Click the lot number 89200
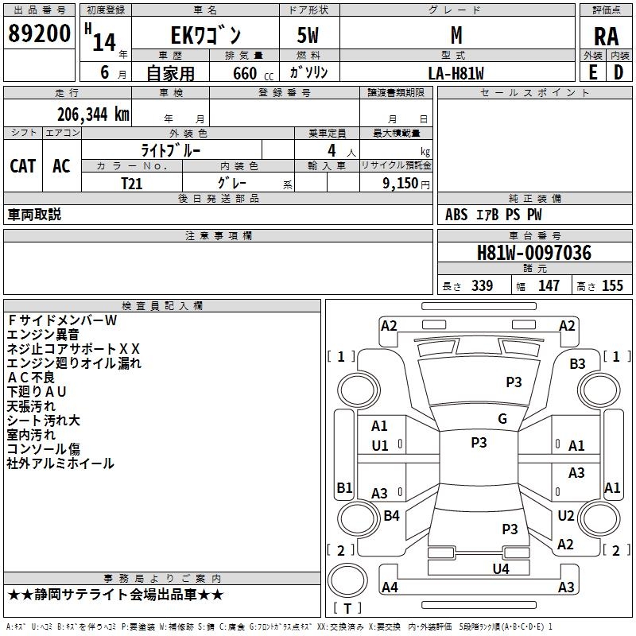pyautogui.click(x=39, y=33)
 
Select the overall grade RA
pyautogui.click(x=606, y=37)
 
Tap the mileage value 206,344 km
pyautogui.click(x=93, y=114)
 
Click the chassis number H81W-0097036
pyautogui.click(x=534, y=253)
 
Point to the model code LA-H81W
pyautogui.click(x=456, y=73)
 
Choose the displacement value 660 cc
pyautogui.click(x=253, y=74)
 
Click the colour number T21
pyautogui.click(x=131, y=184)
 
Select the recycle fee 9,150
pyautogui.click(x=401, y=184)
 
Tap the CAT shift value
pyautogui.click(x=23, y=166)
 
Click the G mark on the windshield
pyautogui.click(x=502, y=418)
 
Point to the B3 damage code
pyautogui.click(x=577, y=364)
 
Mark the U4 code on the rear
pyautogui.click(x=501, y=568)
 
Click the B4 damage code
pyautogui.click(x=391, y=515)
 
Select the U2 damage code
pyautogui.click(x=566, y=515)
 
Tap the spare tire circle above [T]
pyautogui.click(x=347, y=580)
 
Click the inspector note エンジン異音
pyautogui.click(x=43, y=335)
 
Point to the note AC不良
pyautogui.click(x=31, y=377)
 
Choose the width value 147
pyautogui.click(x=549, y=285)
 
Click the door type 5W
pyautogui.click(x=308, y=35)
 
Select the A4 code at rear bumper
pyautogui.click(x=390, y=587)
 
